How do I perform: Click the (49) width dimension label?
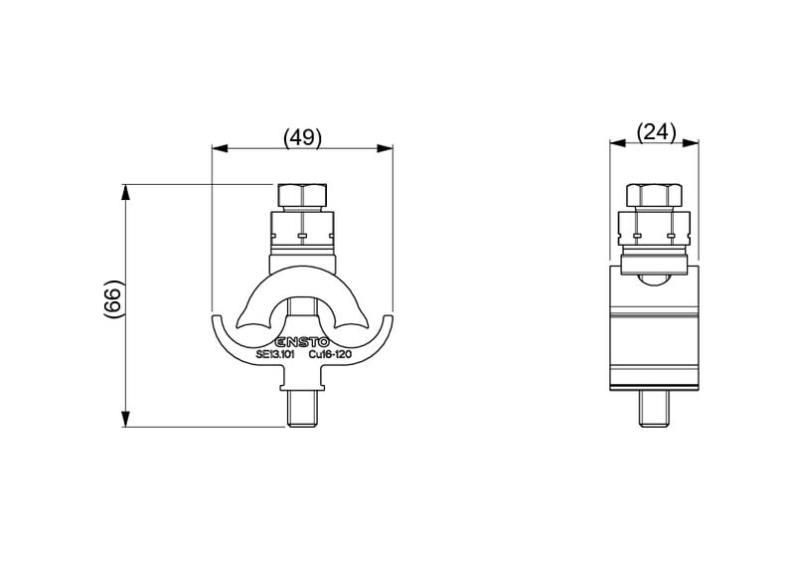tap(302, 137)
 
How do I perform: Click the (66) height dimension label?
tap(113, 299)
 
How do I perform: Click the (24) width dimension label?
tap(656, 132)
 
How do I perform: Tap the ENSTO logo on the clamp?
tap(303, 342)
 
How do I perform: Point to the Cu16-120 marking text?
tap(330, 355)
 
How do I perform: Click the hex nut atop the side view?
tap(654, 195)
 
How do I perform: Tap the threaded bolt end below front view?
tap(302, 410)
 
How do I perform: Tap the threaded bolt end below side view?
tap(654, 409)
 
